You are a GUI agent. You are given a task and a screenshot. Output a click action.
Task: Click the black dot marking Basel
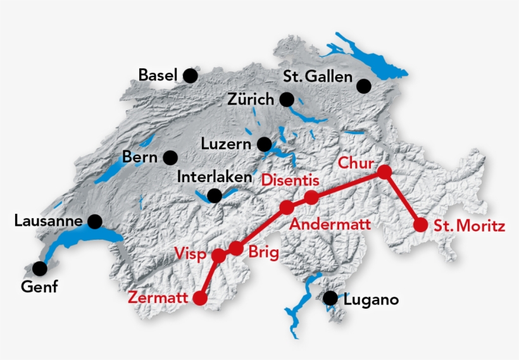click(x=190, y=76)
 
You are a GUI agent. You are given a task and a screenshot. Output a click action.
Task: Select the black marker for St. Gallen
click(x=364, y=86)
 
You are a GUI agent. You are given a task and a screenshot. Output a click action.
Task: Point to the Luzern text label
click(x=226, y=144)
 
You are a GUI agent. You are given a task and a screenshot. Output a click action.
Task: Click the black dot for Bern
click(x=170, y=157)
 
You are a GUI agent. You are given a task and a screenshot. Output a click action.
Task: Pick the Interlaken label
click(x=215, y=177)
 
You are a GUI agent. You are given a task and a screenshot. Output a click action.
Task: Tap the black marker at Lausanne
click(x=95, y=221)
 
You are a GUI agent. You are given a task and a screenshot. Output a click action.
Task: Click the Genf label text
click(x=39, y=287)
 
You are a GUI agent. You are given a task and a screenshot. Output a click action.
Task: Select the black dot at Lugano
click(x=330, y=298)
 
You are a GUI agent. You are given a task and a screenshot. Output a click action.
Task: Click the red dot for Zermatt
click(x=201, y=298)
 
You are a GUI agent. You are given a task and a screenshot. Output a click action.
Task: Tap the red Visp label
click(x=191, y=254)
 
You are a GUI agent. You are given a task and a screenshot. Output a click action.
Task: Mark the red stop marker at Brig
click(x=235, y=248)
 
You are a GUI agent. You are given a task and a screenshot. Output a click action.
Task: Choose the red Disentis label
click(x=290, y=180)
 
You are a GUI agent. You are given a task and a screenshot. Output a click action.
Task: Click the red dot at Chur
click(x=384, y=171)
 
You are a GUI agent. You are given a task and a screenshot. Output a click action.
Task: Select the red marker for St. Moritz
click(x=420, y=225)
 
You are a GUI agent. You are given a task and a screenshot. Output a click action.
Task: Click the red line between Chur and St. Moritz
click(x=403, y=198)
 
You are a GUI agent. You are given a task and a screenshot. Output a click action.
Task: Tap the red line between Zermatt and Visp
click(x=209, y=277)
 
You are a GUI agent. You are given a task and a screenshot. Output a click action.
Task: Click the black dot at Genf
click(x=40, y=268)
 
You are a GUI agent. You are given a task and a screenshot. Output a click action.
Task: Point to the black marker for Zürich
click(x=287, y=99)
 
